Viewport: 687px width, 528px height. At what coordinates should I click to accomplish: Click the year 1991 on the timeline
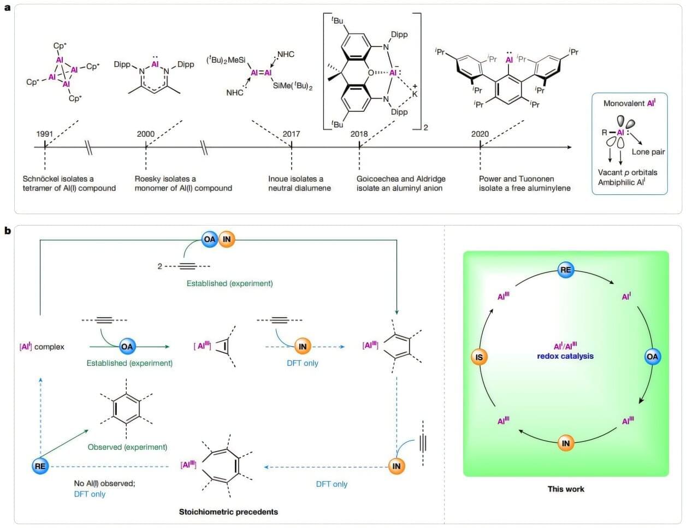[45, 134]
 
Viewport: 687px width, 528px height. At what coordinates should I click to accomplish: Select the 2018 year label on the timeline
[359, 134]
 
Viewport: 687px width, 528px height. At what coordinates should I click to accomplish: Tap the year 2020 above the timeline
[480, 134]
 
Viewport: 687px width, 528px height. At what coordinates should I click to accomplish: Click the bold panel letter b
[8, 230]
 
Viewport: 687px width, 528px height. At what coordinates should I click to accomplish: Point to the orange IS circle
[479, 357]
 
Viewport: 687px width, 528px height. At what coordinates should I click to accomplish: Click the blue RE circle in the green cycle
[565, 269]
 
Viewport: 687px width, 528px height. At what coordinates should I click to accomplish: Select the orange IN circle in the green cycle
[565, 443]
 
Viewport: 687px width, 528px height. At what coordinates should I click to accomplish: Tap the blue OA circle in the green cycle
[652, 357]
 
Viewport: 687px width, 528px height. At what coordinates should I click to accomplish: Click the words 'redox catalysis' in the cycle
[565, 356]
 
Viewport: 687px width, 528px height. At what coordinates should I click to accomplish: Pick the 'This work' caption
[566, 489]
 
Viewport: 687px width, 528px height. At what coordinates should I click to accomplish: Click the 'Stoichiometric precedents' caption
[228, 512]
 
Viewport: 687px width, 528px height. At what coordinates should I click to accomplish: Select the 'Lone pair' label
[648, 152]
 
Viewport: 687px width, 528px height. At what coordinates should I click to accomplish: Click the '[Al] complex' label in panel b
[42, 346]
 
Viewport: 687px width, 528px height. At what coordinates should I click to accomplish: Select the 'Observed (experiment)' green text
[127, 447]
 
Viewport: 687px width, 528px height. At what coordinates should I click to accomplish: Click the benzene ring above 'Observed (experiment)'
[126, 408]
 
